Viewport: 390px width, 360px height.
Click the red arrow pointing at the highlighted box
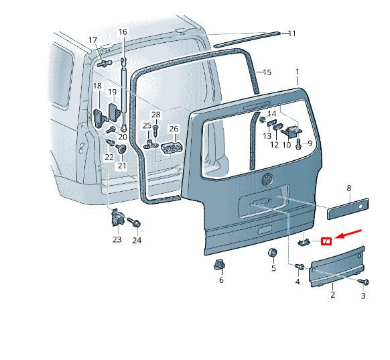coord(348,234)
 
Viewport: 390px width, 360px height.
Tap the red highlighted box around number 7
coord(326,241)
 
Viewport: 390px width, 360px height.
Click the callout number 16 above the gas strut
coord(123,32)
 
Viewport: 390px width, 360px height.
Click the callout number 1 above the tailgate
coord(298,72)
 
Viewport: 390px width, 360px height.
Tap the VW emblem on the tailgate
coord(267,179)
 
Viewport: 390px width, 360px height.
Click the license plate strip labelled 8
coord(348,208)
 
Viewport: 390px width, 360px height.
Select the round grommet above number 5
coord(272,253)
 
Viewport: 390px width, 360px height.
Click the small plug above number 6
coord(219,264)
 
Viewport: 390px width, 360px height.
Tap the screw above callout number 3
coord(363,282)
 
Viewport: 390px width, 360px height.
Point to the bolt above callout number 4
coord(300,266)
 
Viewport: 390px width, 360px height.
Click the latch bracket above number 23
coord(117,218)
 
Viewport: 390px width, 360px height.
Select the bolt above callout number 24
coord(134,222)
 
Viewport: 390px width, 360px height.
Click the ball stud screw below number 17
coord(105,63)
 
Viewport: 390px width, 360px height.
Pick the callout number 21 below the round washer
coord(122,166)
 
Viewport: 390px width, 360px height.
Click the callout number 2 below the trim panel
coord(333,294)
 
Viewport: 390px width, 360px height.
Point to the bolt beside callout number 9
coord(298,143)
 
